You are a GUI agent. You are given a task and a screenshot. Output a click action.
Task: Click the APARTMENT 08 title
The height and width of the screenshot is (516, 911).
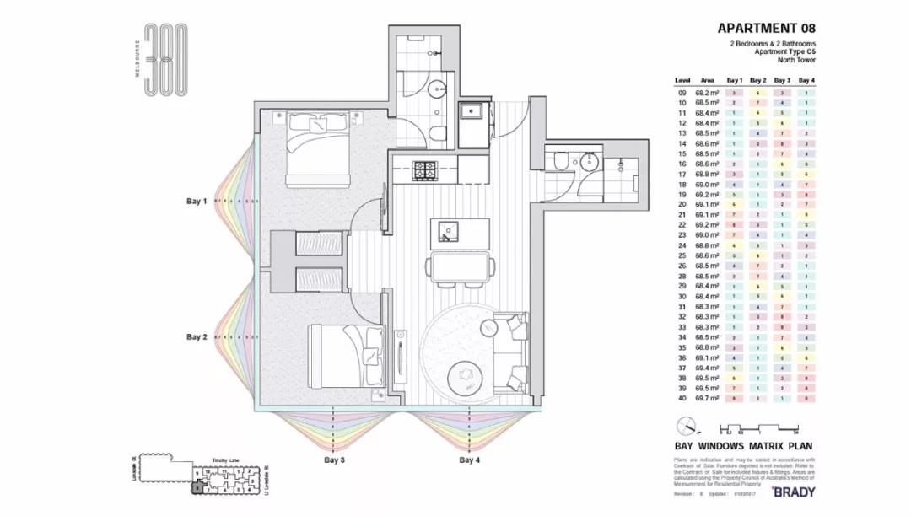766,28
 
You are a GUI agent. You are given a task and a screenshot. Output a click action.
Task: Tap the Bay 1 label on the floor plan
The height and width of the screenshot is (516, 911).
197,202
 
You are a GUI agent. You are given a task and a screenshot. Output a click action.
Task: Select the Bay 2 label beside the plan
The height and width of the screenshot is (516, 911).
197,337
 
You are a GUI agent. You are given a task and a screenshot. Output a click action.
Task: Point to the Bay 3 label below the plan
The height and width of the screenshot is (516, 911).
335,460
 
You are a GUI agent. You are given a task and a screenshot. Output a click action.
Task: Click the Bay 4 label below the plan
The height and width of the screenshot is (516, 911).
470,460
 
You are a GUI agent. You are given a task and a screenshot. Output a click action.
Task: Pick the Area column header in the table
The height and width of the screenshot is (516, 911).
707,80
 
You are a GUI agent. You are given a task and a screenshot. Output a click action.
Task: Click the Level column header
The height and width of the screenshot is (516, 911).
682,80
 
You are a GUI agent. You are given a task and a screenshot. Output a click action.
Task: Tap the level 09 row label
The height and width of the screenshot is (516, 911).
682,92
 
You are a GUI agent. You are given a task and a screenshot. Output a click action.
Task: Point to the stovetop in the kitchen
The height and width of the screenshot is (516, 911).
423,169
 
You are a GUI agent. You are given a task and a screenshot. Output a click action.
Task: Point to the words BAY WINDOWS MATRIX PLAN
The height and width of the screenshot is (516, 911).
743,446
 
